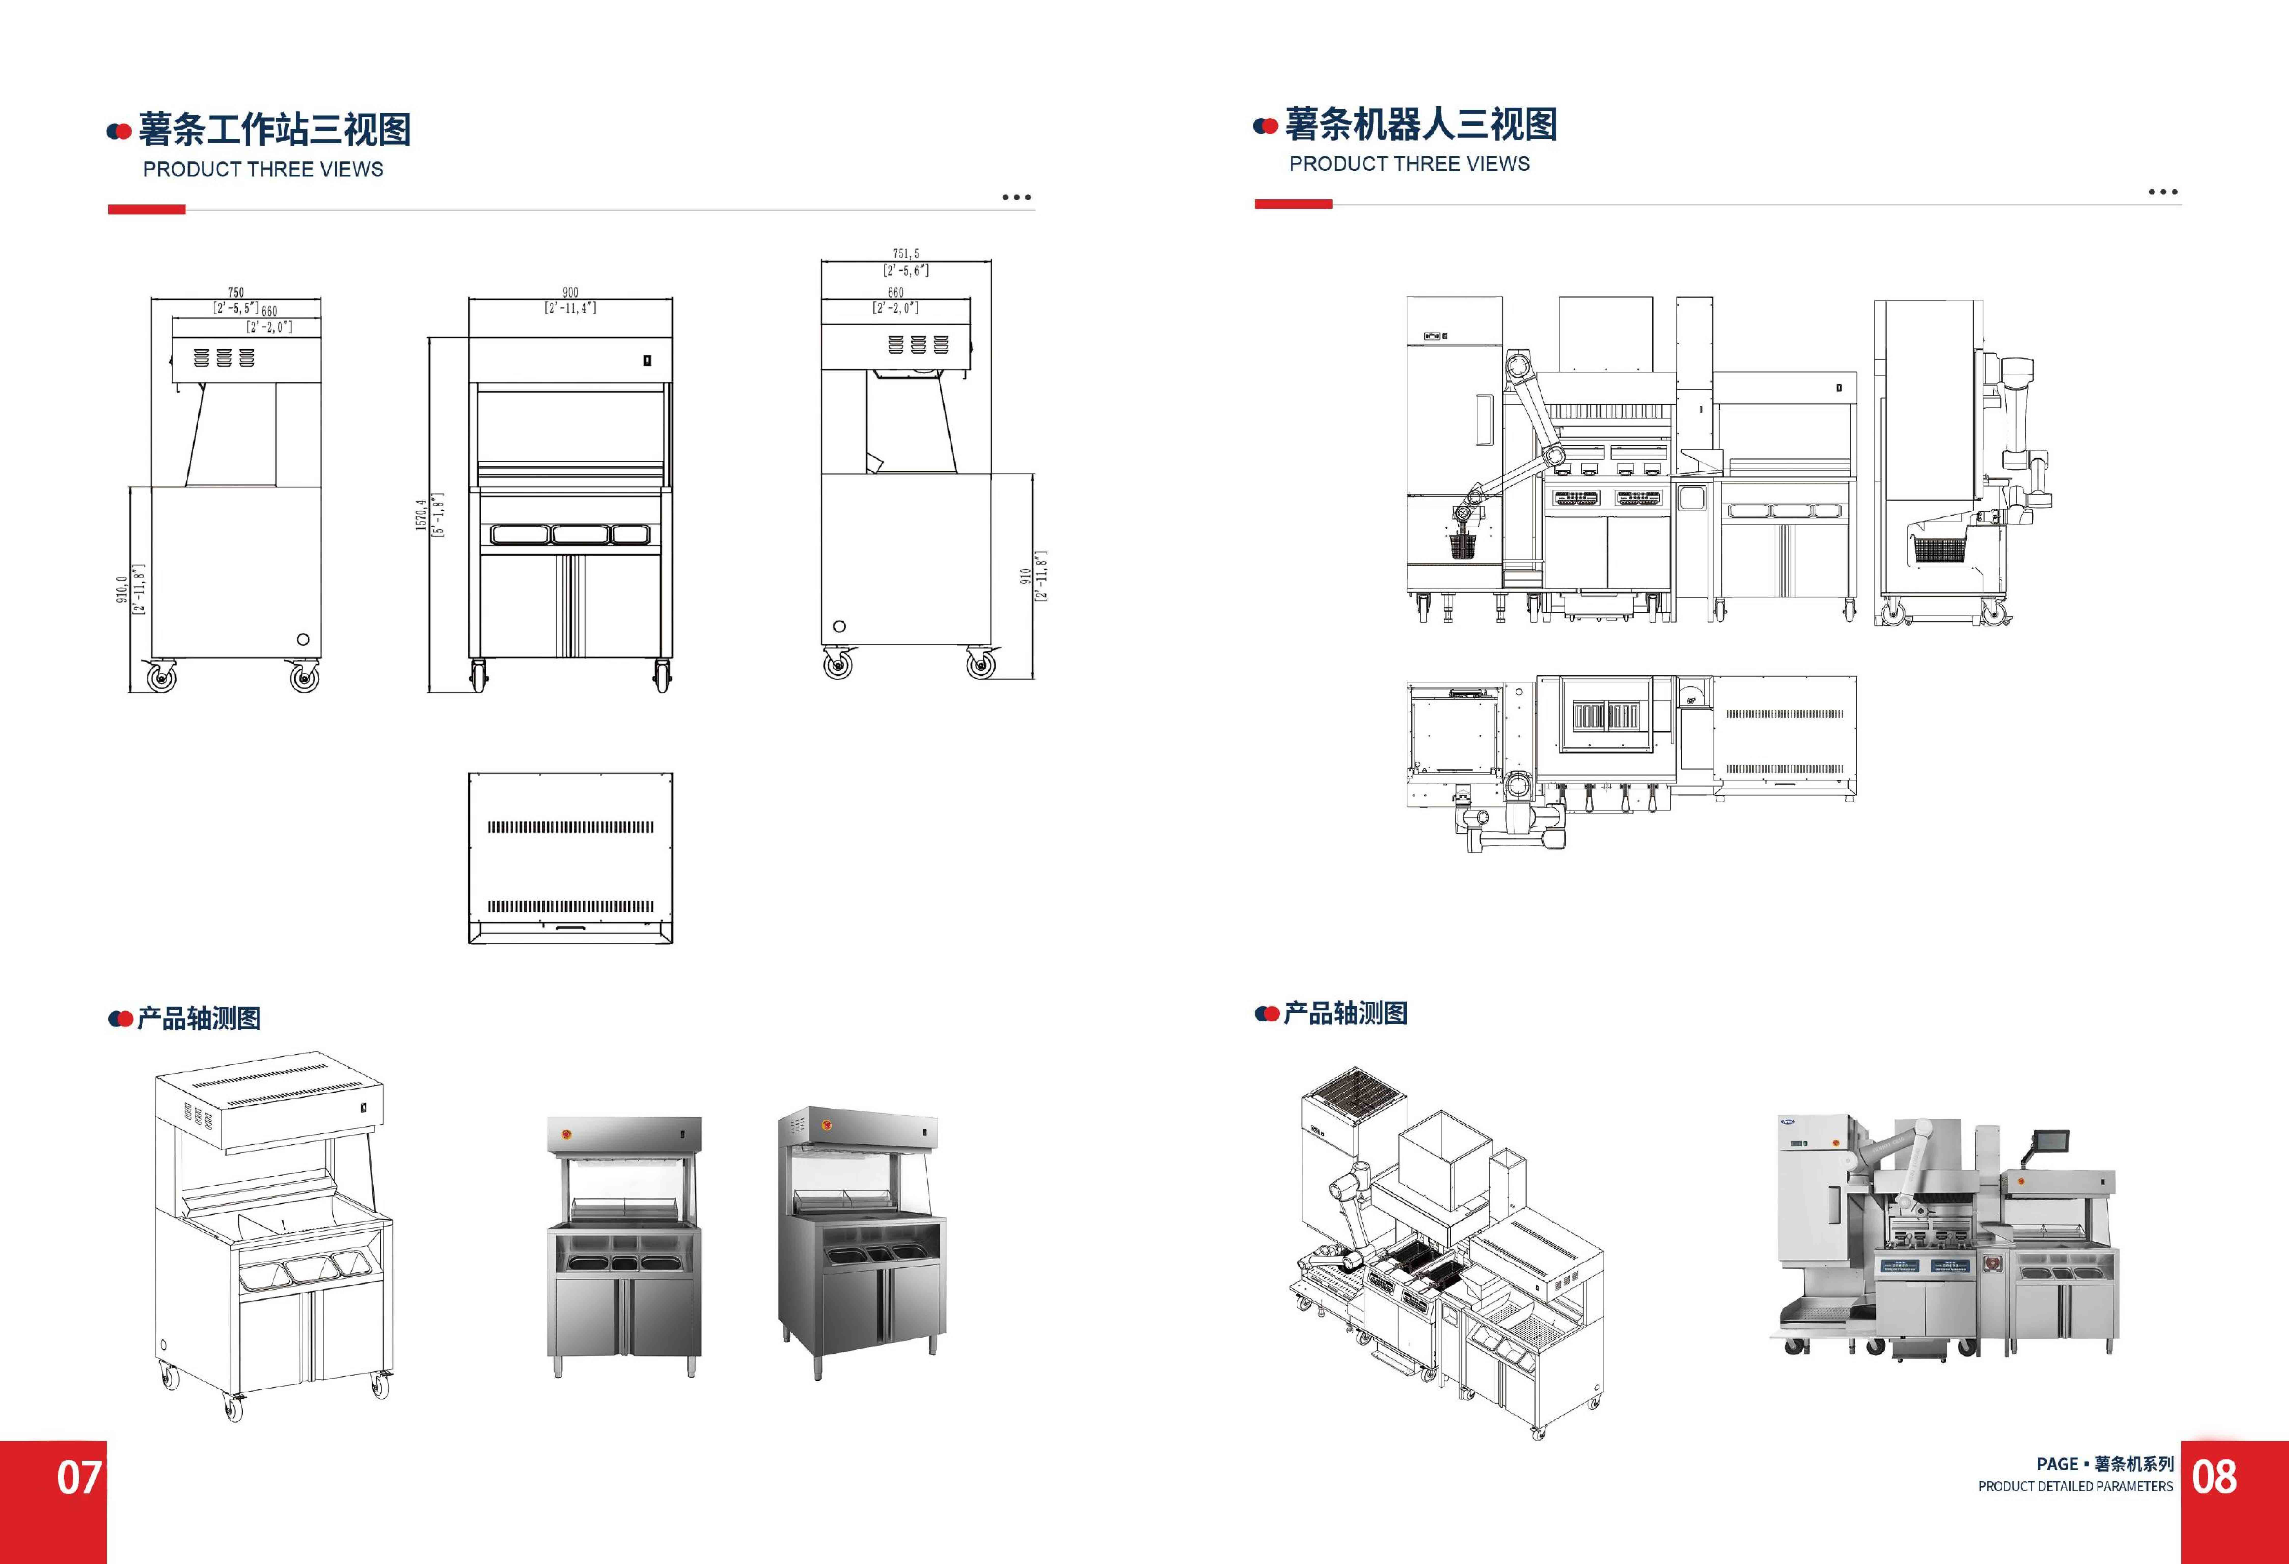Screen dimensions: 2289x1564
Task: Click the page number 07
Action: [79, 1477]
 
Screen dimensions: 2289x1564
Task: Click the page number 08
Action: [2214, 1477]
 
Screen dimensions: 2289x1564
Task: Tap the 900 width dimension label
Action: [570, 293]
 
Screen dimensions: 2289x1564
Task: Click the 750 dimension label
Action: [235, 293]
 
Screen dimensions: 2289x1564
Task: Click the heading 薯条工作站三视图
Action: [275, 129]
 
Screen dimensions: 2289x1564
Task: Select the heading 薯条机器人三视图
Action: [1421, 124]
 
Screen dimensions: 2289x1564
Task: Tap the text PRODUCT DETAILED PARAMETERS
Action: [2075, 1486]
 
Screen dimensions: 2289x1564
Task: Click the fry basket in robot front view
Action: [1462, 544]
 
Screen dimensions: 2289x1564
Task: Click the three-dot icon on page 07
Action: [1017, 198]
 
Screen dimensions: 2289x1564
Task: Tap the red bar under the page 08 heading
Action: [1293, 204]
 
